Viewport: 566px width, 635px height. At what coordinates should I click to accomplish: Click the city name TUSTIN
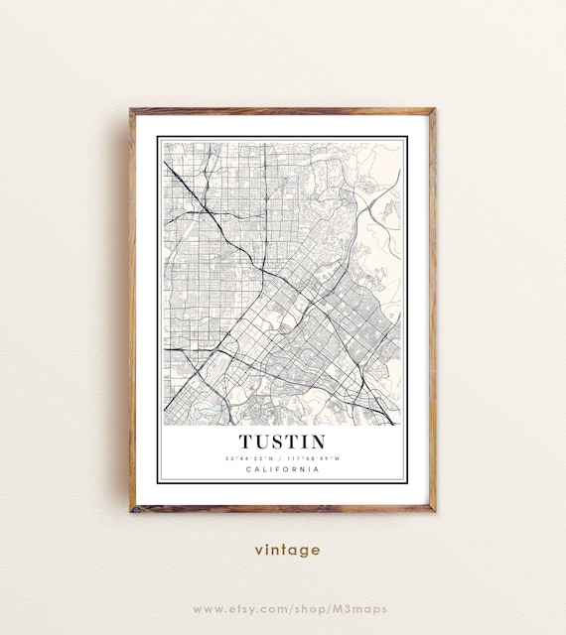pyautogui.click(x=282, y=442)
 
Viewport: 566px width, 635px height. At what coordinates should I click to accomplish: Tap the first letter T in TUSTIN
pyautogui.click(x=245, y=442)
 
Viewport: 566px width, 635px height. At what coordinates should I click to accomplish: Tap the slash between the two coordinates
pyautogui.click(x=282, y=458)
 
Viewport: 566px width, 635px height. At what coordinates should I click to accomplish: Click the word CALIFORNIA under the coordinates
pyautogui.click(x=282, y=470)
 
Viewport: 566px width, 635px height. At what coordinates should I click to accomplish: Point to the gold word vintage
pyautogui.click(x=287, y=550)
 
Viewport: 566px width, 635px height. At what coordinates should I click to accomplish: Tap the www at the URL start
pyautogui.click(x=207, y=608)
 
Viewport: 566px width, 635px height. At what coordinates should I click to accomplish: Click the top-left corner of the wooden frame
pyautogui.click(x=131, y=110)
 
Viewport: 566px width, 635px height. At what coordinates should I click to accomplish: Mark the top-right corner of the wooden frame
pyautogui.click(x=434, y=110)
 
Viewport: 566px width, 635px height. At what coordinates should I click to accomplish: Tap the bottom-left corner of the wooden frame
pyautogui.click(x=131, y=510)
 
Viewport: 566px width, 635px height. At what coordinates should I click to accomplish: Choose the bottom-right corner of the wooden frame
pyautogui.click(x=434, y=510)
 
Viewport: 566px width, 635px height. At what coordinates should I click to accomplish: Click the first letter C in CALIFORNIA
pyautogui.click(x=247, y=470)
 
